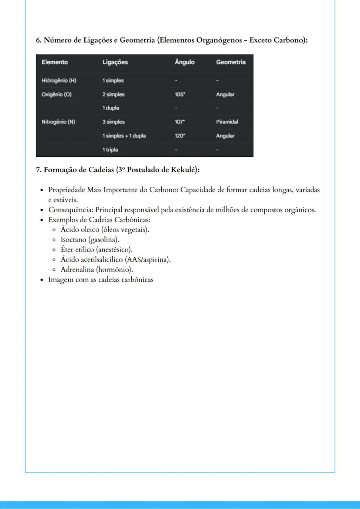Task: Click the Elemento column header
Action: click(55, 62)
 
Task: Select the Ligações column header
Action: click(115, 62)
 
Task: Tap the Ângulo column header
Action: click(184, 62)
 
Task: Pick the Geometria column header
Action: click(230, 62)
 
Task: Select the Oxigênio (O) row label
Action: click(57, 94)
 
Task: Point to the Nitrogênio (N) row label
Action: click(58, 122)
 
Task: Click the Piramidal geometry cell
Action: click(227, 122)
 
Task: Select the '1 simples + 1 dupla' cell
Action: click(124, 136)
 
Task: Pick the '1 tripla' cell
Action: click(110, 150)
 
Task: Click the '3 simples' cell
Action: click(113, 122)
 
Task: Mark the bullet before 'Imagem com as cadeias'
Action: click(41, 280)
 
